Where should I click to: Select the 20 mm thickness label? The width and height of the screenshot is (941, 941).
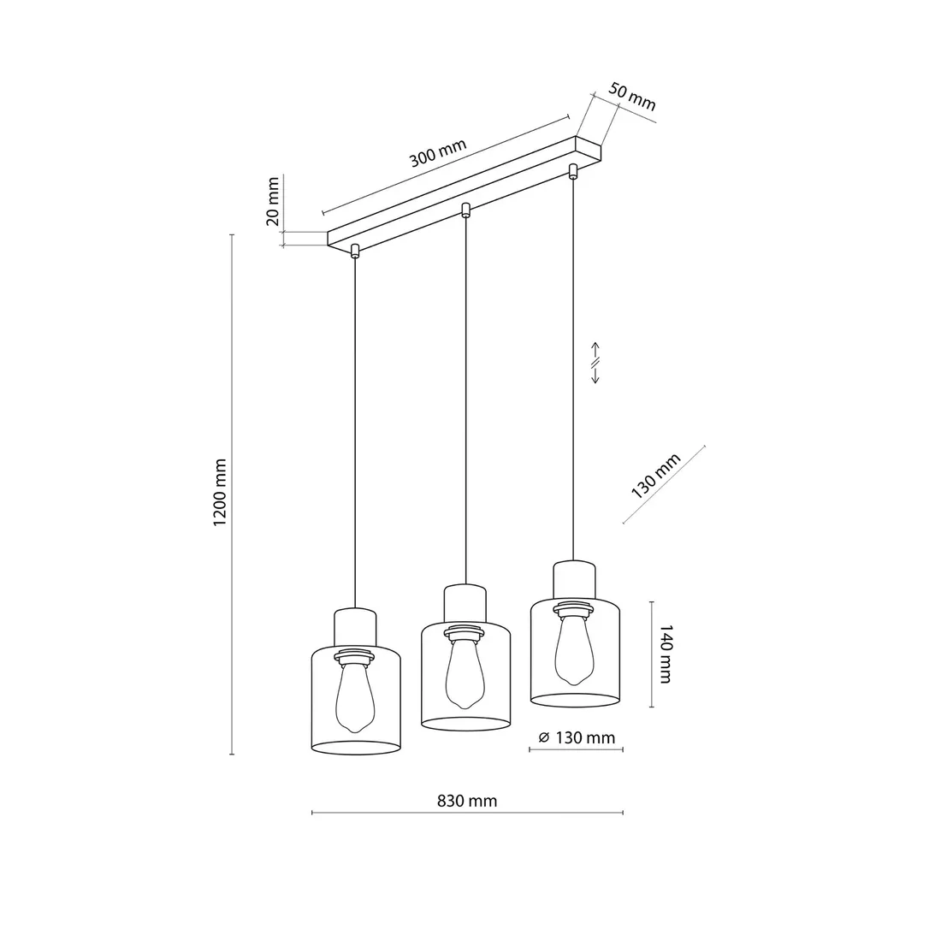pos(274,202)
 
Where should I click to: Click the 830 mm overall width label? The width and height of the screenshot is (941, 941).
pos(467,802)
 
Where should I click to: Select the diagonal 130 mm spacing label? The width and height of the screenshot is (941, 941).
pos(656,476)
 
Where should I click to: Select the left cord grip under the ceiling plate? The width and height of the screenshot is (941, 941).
pos(354,251)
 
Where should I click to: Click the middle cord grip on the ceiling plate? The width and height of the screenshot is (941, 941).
pos(465,210)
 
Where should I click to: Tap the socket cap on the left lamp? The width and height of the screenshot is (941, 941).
pos(355,624)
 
